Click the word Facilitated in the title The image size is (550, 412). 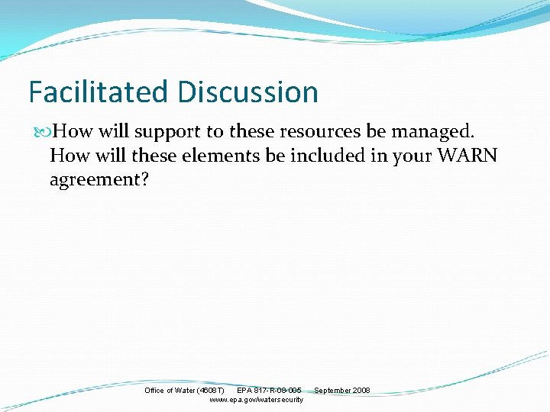tap(99, 92)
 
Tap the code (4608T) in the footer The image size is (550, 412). tap(212, 391)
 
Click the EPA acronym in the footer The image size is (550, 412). tap(244, 391)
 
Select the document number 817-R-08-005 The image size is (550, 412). tap(278, 391)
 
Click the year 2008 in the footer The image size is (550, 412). tap(361, 391)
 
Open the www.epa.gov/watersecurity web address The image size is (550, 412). tap(256, 400)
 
